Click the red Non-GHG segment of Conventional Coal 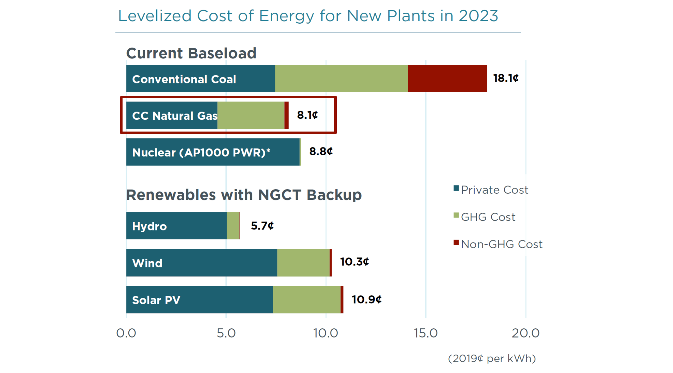(x=447, y=78)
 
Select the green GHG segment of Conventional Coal (x=341, y=78)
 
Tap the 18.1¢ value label (x=506, y=78)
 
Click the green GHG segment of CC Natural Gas (x=251, y=115)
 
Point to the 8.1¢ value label (x=307, y=115)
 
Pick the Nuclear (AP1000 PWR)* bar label (x=201, y=152)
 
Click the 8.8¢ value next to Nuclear (x=321, y=152)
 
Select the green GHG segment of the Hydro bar (x=233, y=226)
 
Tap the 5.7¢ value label (x=262, y=226)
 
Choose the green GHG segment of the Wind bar (x=303, y=263)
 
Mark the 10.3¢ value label (x=355, y=262)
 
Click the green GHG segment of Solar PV (x=306, y=300)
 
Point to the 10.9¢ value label (x=367, y=299)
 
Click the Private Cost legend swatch (x=456, y=188)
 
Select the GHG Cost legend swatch (x=456, y=216)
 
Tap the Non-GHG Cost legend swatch (x=456, y=242)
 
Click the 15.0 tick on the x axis (x=426, y=333)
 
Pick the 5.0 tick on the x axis (x=226, y=333)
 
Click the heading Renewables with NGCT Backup (x=244, y=195)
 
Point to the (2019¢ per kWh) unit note (x=492, y=358)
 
